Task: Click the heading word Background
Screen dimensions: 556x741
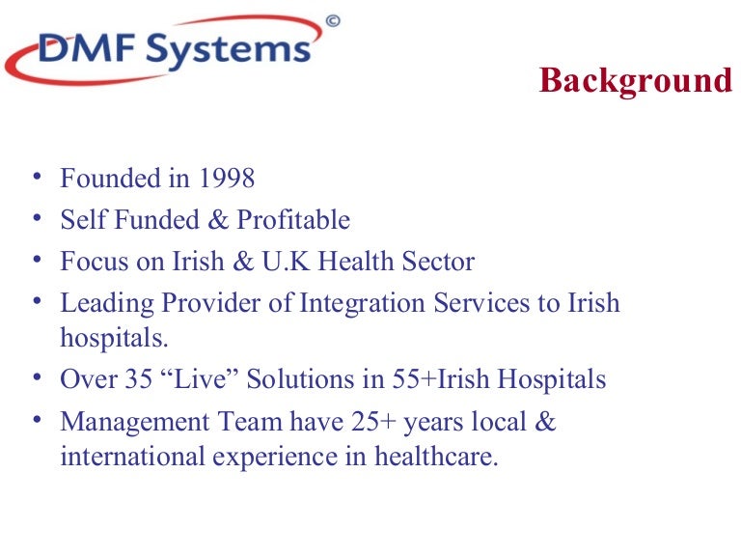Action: pyautogui.click(x=636, y=80)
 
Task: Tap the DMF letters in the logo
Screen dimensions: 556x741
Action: pyautogui.click(x=76, y=48)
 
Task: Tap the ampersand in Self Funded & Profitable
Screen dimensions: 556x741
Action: pyautogui.click(x=218, y=220)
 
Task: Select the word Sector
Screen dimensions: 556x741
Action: pyautogui.click(x=440, y=262)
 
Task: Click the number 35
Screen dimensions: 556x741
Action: pyautogui.click(x=129, y=379)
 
